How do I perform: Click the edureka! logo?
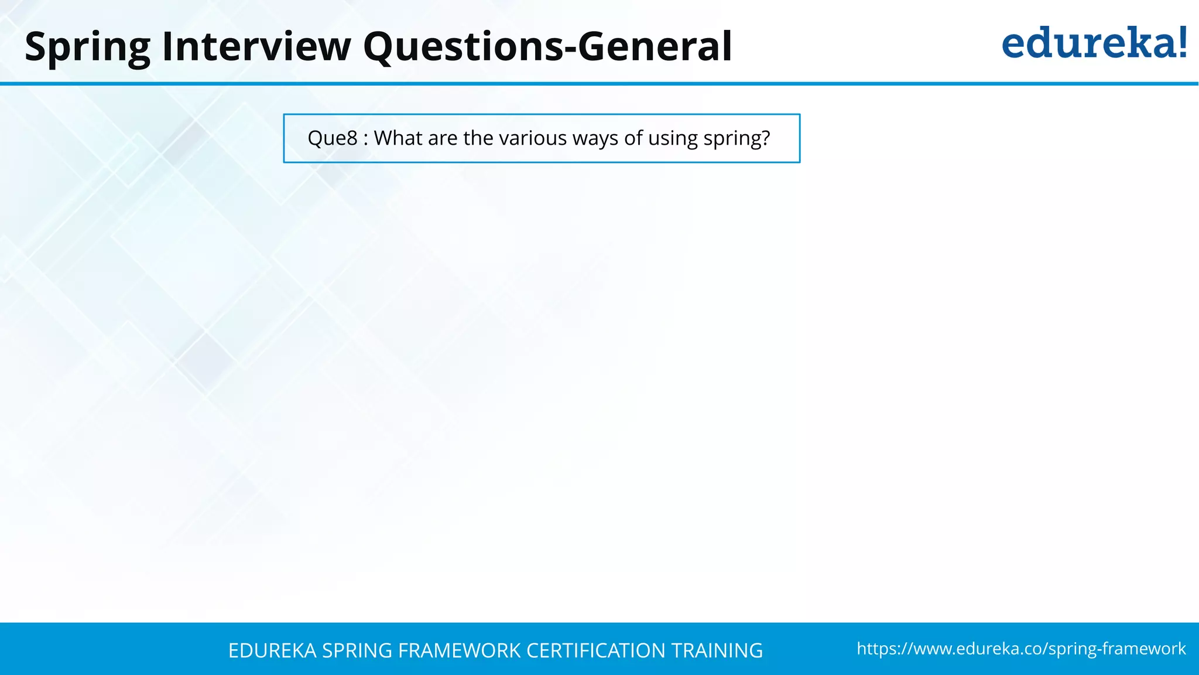(1094, 44)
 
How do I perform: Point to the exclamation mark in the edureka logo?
(1181, 42)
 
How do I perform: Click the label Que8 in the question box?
(332, 138)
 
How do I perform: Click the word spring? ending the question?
(736, 139)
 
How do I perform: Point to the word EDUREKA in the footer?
(272, 650)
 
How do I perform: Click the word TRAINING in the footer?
(717, 650)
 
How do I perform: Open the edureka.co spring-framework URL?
(1021, 649)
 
